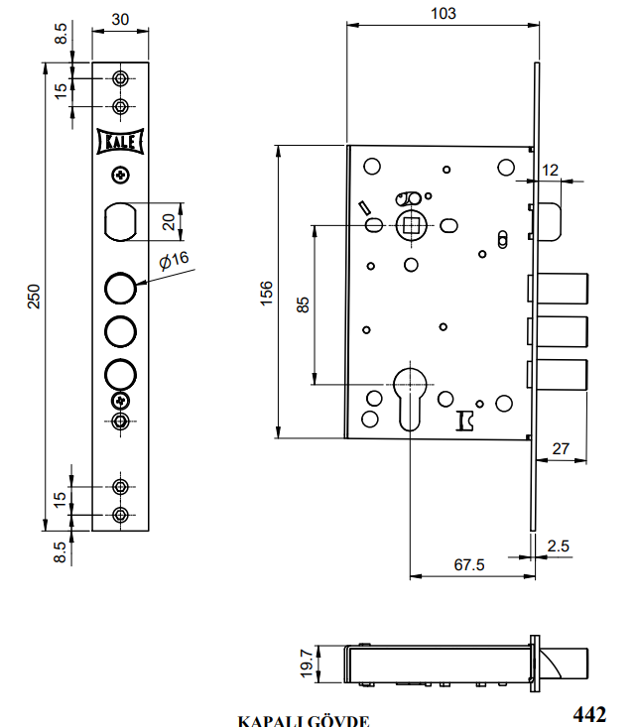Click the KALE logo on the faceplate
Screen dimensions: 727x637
click(x=121, y=143)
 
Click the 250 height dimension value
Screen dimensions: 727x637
click(x=33, y=296)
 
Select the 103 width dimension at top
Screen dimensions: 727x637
click(x=445, y=13)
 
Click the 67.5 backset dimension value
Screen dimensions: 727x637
click(x=468, y=564)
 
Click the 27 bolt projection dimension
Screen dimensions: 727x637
click(x=561, y=449)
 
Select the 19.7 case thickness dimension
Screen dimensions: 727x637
click(x=307, y=663)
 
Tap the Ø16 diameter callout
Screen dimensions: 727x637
click(x=174, y=259)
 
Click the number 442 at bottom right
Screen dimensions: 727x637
click(x=589, y=714)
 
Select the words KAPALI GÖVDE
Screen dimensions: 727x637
click(x=304, y=721)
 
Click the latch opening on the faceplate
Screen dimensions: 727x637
click(x=121, y=220)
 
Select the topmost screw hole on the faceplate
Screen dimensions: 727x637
click(x=121, y=78)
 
